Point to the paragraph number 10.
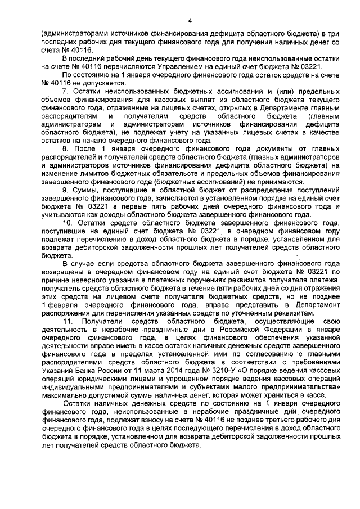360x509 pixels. [66, 222]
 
